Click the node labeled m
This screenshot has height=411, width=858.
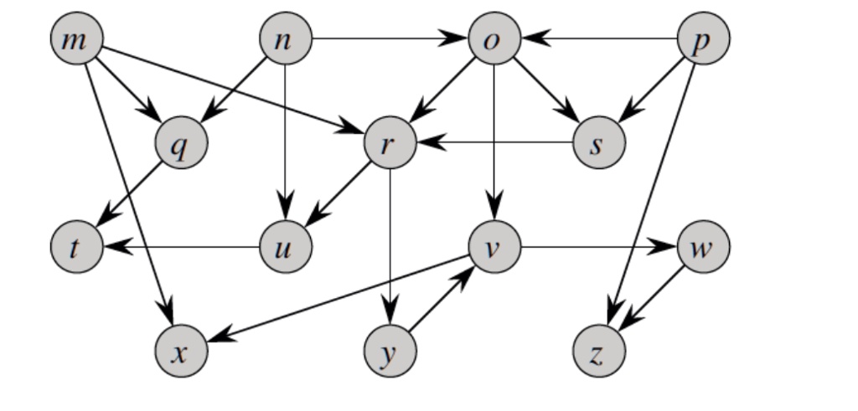coord(76,39)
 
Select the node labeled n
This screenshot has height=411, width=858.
coord(286,39)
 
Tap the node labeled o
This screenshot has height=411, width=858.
coord(495,39)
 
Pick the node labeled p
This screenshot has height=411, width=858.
coord(704,39)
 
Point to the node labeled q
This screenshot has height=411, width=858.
coord(180,144)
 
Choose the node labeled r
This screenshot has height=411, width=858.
coord(390,144)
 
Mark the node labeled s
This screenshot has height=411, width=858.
coord(599,144)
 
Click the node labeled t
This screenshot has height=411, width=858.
coord(76,248)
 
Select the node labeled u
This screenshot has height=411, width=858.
coord(286,248)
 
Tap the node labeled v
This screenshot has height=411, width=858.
coord(495,248)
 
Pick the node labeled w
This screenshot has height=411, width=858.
coord(704,248)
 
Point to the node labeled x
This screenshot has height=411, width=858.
coord(180,352)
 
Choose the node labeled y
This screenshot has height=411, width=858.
coord(390,352)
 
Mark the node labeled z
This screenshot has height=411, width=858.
coord(599,352)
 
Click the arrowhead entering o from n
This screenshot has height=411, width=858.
coord(458,39)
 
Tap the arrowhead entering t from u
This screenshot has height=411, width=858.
coord(113,248)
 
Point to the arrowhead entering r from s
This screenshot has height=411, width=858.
coord(426,143)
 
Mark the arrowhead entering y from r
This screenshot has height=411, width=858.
coord(390,316)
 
